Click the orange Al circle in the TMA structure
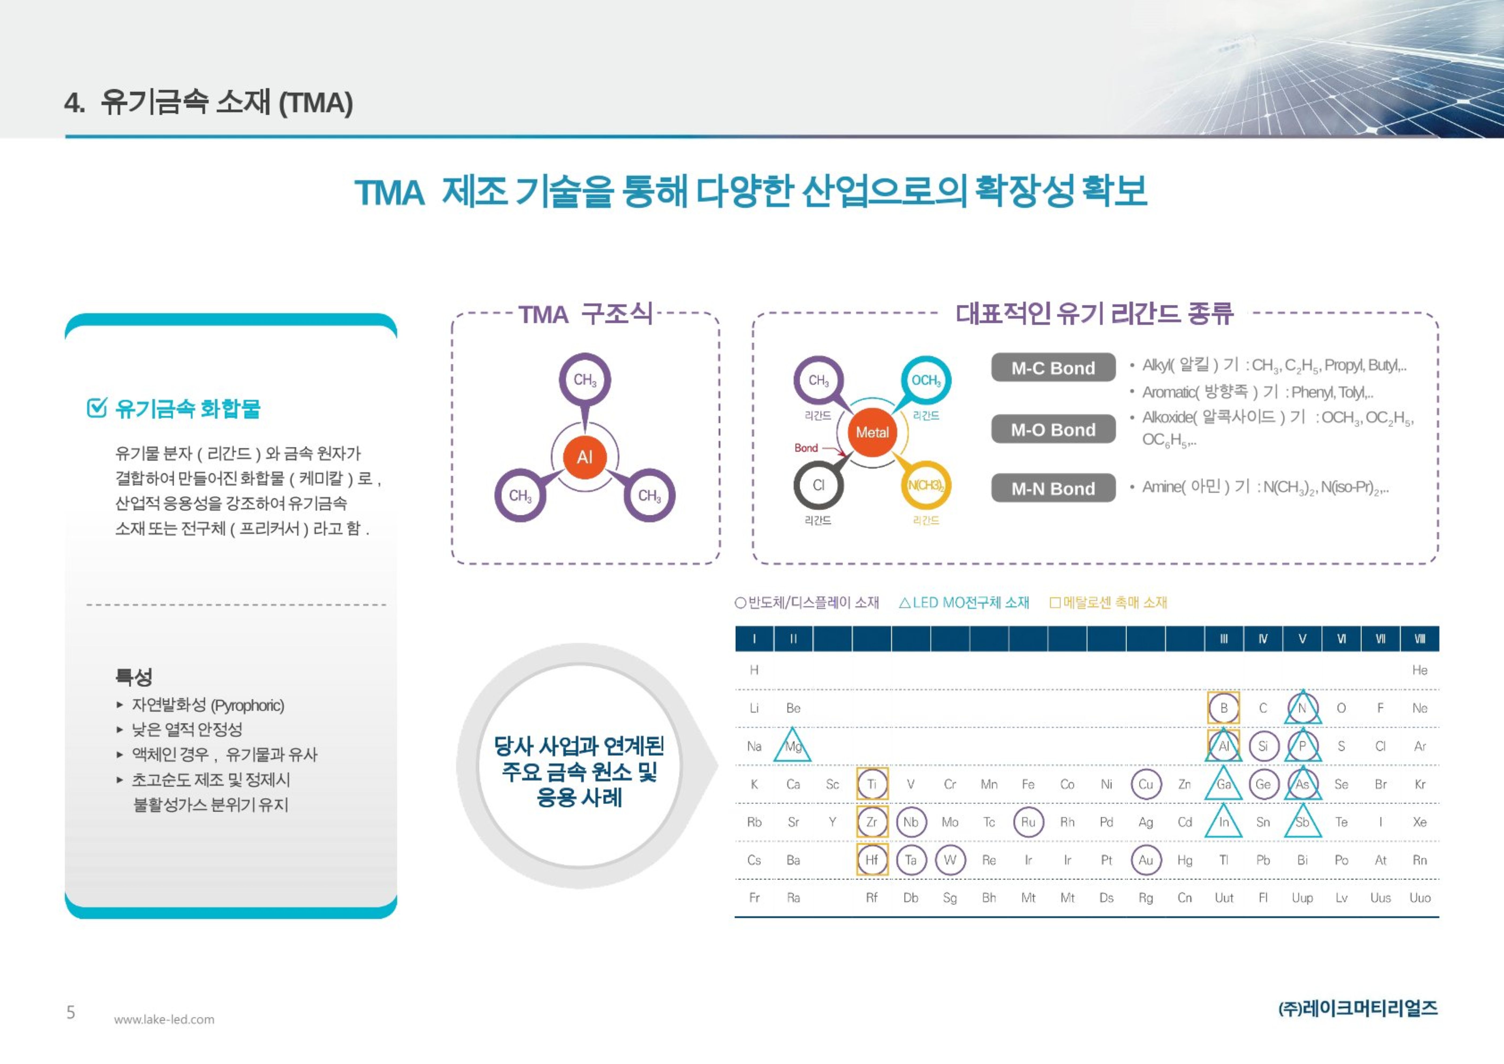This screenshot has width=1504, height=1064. pos(584,457)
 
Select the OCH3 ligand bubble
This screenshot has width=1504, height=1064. pos(926,380)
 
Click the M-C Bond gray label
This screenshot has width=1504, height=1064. pos(1053,368)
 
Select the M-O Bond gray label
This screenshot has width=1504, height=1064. pos(1053,429)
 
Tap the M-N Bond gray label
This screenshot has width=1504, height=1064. pos(1053,488)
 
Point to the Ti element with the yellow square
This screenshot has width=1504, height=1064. pos(872,784)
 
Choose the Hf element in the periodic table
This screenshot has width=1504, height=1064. pos(872,860)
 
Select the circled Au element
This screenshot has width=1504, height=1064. pos(1146,860)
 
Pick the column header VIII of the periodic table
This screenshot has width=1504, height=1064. pos(1419,639)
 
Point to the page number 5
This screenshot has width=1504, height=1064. pos(71,1012)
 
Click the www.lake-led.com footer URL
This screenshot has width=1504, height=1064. pos(164,1020)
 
